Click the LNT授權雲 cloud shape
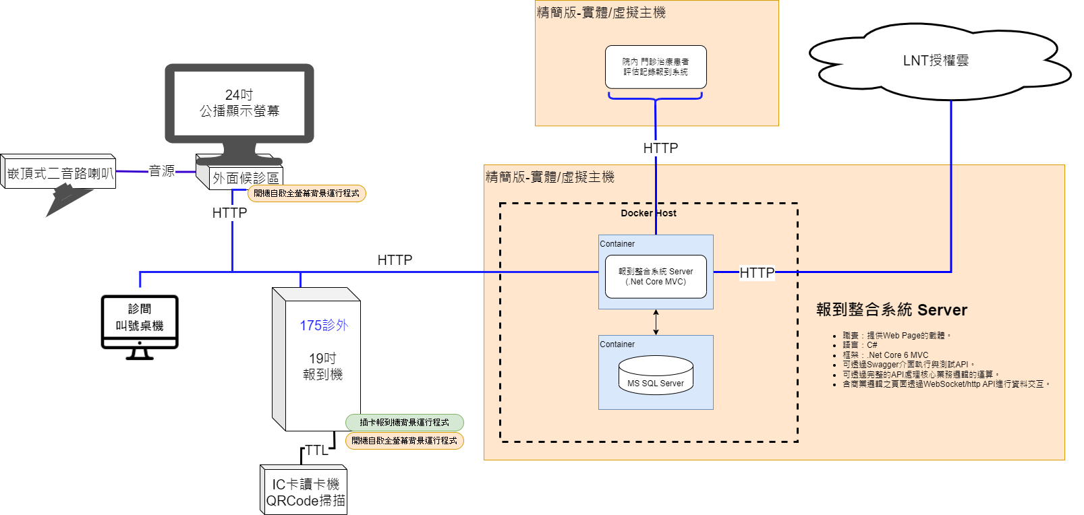[936, 61]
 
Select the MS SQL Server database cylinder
[656, 375]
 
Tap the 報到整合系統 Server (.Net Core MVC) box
[656, 276]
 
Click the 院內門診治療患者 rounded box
[656, 67]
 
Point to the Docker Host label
[648, 213]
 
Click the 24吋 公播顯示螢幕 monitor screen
[239, 103]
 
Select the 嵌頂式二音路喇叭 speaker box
[59, 173]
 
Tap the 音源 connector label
[162, 171]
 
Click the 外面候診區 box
[246, 177]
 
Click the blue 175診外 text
[324, 325]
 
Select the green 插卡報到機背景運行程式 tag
[405, 423]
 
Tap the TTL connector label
[316, 450]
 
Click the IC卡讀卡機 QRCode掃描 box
[305, 492]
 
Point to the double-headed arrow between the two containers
[656, 322]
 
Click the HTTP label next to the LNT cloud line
[757, 272]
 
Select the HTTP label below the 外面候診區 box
[229, 213]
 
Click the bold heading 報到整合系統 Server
[892, 310]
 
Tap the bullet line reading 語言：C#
[859, 345]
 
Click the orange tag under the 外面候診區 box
[307, 193]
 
